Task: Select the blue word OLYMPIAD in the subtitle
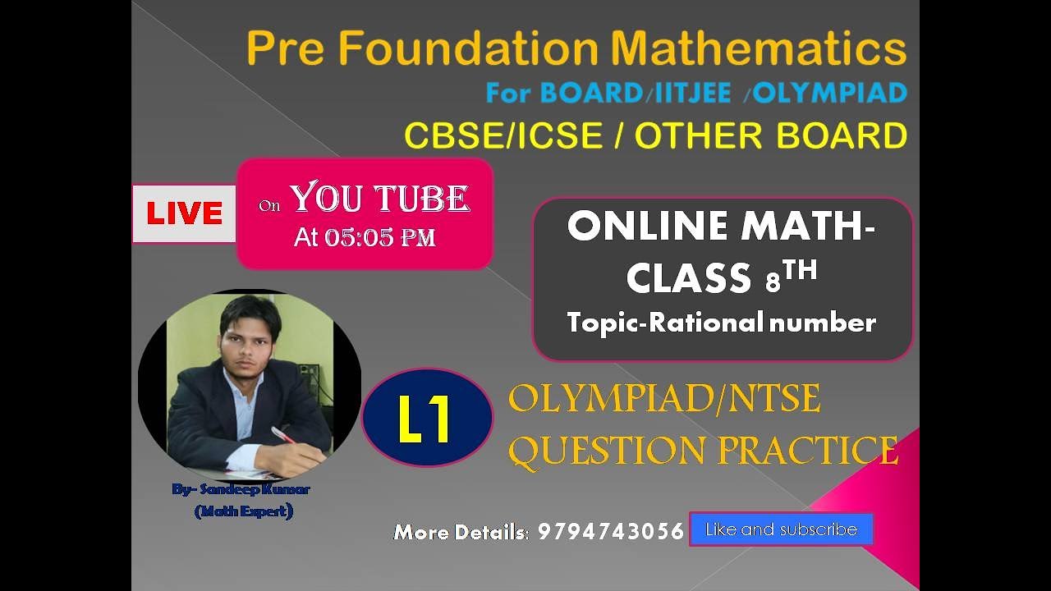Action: pyautogui.click(x=829, y=94)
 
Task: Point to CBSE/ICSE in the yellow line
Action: pyautogui.click(x=503, y=136)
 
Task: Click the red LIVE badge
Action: pyautogui.click(x=184, y=213)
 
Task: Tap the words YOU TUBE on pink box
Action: pyautogui.click(x=379, y=199)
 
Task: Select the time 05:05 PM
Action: pyautogui.click(x=380, y=238)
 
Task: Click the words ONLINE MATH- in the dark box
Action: pyautogui.click(x=721, y=226)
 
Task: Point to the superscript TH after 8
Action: pyautogui.click(x=800, y=271)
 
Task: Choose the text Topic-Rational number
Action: pyautogui.click(x=721, y=323)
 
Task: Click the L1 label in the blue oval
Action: pyautogui.click(x=425, y=419)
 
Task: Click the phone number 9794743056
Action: pyautogui.click(x=610, y=532)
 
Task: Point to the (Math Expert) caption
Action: pyautogui.click(x=244, y=511)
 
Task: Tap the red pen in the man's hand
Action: pyautogui.click(x=283, y=434)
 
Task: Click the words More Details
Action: pyautogui.click(x=461, y=532)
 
